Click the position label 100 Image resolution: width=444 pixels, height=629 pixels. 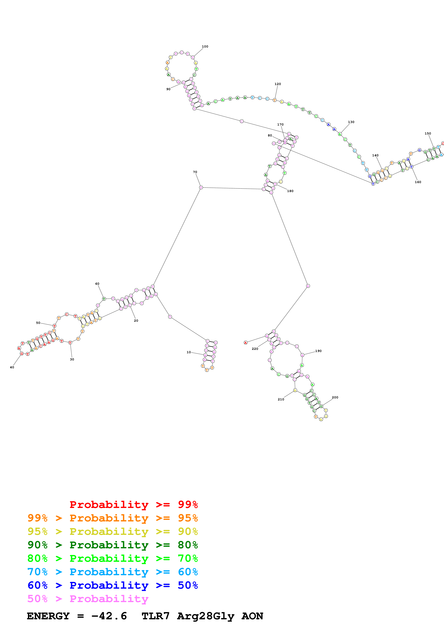coord(205,47)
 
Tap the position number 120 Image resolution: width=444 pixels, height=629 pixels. coord(278,84)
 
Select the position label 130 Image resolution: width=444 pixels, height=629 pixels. coord(351,122)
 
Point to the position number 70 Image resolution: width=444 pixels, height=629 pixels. coord(195,172)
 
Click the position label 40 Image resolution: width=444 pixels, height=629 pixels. coord(12,367)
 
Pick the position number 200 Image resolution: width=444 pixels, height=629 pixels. coord(335,398)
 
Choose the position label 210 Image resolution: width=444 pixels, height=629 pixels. coord(281,399)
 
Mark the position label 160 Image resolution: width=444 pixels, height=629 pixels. coord(418,182)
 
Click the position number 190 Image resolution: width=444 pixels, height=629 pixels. coord(318,351)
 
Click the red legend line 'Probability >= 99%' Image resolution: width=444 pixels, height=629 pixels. coord(133,504)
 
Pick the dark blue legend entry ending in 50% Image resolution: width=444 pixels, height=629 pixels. coord(112,585)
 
